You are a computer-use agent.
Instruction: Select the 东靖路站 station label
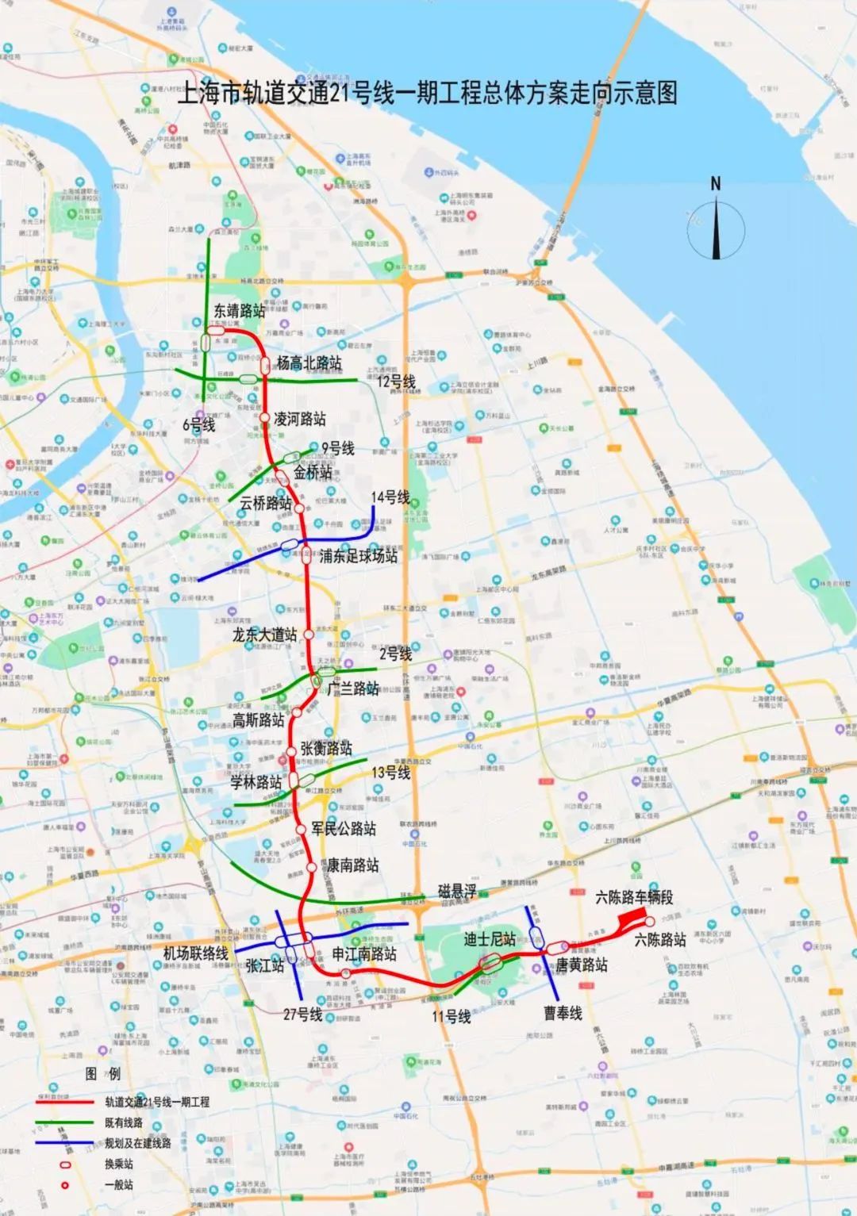coord(239,311)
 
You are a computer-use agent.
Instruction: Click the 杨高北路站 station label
coord(309,363)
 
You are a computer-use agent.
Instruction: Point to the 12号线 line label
coord(396,382)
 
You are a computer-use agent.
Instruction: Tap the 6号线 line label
coord(198,424)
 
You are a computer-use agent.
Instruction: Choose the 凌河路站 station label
coord(299,418)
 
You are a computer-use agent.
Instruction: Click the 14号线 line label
coord(390,497)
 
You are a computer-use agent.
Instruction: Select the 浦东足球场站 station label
coord(358,556)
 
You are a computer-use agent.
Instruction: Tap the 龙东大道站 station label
coord(265,635)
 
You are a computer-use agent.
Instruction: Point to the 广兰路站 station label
coord(353,688)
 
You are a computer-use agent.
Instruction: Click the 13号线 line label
coord(390,772)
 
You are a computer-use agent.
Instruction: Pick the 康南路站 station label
coord(352,865)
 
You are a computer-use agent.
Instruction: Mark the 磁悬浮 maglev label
coord(458,892)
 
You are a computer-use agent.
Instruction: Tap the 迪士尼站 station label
coord(490,939)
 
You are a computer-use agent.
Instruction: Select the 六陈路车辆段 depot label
coord(634,897)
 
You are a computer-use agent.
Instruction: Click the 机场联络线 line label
coord(196,953)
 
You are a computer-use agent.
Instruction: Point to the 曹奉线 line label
coord(563,1013)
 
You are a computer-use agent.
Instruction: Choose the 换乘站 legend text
coord(119,1164)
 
